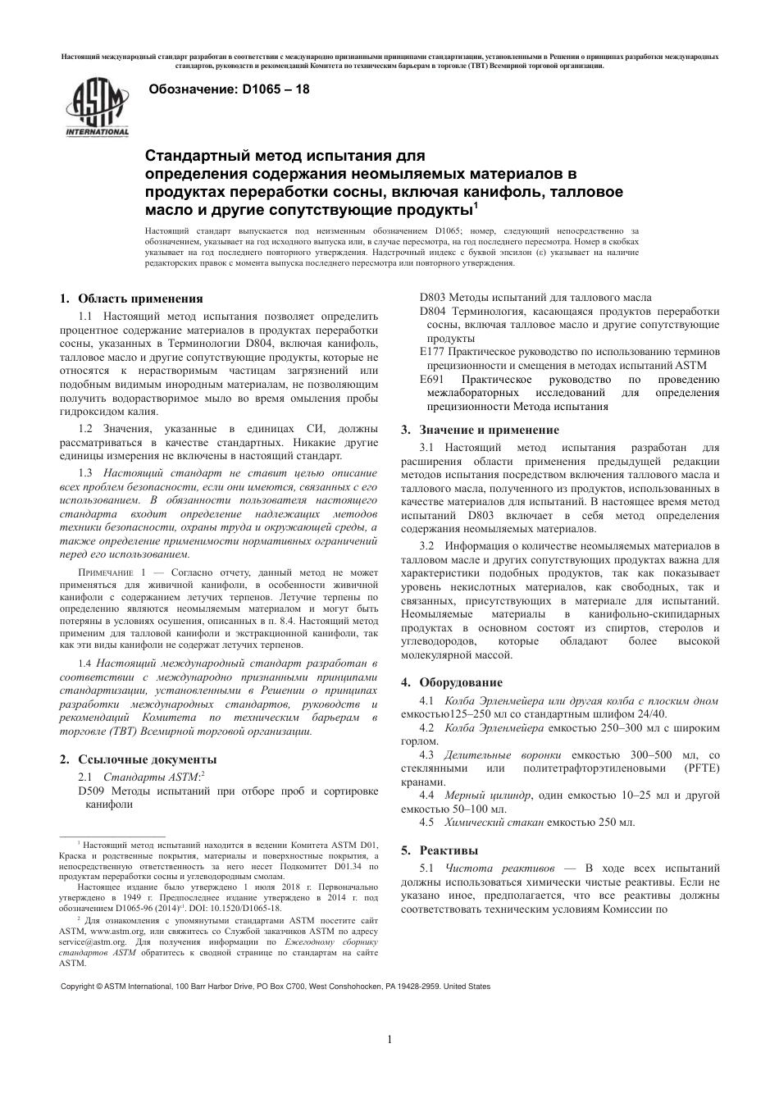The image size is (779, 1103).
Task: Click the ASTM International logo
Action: pos(97,109)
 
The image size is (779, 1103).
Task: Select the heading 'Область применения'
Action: pos(140,299)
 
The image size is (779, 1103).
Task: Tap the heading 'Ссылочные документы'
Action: pos(147,759)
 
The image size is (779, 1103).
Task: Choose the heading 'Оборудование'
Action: pos(461,682)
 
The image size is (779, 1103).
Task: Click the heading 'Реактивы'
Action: pos(449,850)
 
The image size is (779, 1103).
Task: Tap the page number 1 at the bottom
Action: pos(389,1041)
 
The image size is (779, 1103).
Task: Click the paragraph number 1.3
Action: pos(85,473)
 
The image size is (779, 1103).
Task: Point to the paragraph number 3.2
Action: pos(426,545)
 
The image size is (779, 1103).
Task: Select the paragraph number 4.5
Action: pos(426,822)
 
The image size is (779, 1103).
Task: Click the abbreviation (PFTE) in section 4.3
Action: pos(701,768)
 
